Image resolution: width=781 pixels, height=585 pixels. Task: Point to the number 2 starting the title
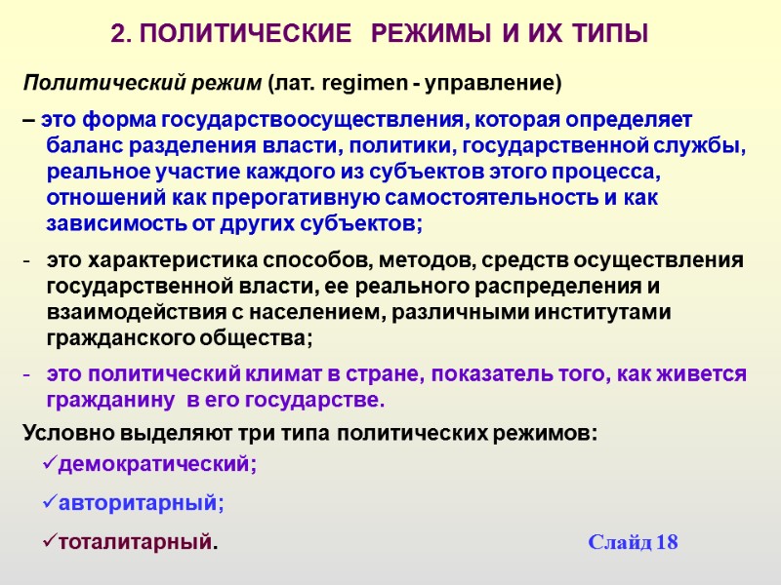click(118, 36)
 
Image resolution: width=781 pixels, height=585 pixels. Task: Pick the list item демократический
click(157, 465)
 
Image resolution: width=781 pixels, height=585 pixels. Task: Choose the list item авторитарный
click(141, 504)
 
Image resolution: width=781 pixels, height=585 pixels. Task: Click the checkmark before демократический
click(50, 464)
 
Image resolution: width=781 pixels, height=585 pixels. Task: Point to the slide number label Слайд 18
click(633, 543)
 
